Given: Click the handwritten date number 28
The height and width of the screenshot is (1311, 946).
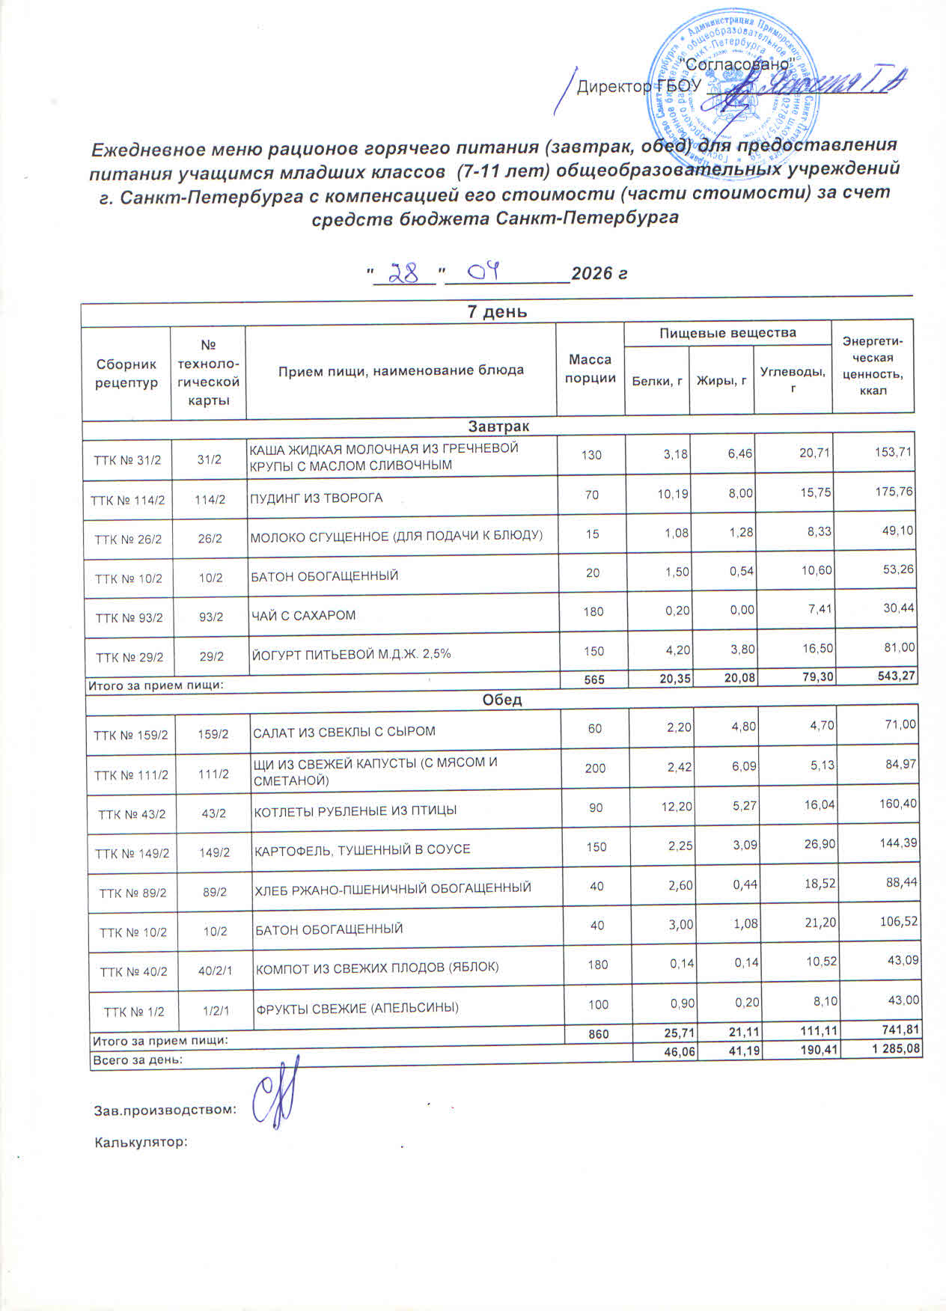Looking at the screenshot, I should tap(405, 273).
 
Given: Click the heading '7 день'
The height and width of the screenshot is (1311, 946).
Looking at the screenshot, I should tap(497, 312).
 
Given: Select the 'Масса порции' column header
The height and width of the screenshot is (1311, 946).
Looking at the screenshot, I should tap(590, 369).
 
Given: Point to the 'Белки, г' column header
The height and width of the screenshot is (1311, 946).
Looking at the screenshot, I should tap(657, 381).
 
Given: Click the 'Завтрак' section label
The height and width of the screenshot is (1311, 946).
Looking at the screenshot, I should tap(498, 426).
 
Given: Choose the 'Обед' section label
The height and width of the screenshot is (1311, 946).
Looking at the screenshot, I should tap(502, 700).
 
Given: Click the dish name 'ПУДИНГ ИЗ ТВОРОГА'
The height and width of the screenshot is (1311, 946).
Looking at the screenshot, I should tap(316, 498).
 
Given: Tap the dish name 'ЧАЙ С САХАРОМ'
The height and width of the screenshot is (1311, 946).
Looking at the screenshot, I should tap(303, 615).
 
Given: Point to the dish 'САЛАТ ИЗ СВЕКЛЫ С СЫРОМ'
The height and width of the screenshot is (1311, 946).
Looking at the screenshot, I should tap(344, 731).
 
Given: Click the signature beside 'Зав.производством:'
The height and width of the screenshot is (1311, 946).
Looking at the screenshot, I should tap(276, 1095).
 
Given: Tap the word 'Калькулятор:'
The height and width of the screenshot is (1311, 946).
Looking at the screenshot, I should tap(140, 1143).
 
